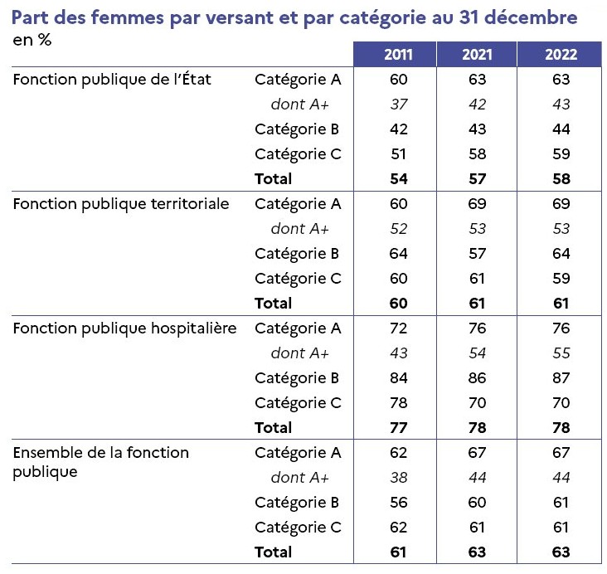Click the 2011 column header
398,55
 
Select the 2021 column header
477,55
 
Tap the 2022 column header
561,55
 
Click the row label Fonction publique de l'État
112,80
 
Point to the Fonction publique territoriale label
121,204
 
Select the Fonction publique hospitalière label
124,328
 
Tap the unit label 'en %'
32,40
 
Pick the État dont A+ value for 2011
399,105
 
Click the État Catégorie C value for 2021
477,154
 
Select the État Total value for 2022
561,179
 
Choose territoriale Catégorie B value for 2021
477,254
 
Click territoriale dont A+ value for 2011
399,229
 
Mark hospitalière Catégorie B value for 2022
561,378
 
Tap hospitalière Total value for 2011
398,428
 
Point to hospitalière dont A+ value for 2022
561,353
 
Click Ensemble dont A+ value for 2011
399,478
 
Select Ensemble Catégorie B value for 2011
398,503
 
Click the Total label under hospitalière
273,428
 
